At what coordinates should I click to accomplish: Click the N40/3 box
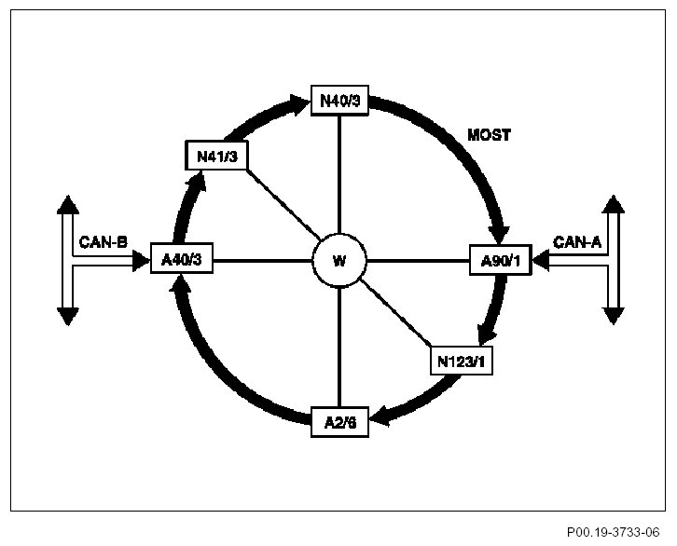point(339,101)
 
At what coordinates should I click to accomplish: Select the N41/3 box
point(217,156)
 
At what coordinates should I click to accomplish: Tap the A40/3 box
point(182,261)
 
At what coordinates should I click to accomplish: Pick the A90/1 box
point(500,261)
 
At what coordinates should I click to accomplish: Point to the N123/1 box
point(462,360)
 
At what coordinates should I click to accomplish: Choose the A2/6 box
point(338,422)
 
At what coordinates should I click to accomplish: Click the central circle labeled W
point(339,261)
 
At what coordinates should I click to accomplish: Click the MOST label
point(489,135)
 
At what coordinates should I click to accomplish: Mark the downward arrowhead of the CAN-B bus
point(67,316)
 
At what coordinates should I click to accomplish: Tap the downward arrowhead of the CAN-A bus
point(612,315)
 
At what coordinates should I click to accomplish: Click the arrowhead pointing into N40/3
point(300,101)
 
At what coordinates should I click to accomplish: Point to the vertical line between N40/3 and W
point(339,177)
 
